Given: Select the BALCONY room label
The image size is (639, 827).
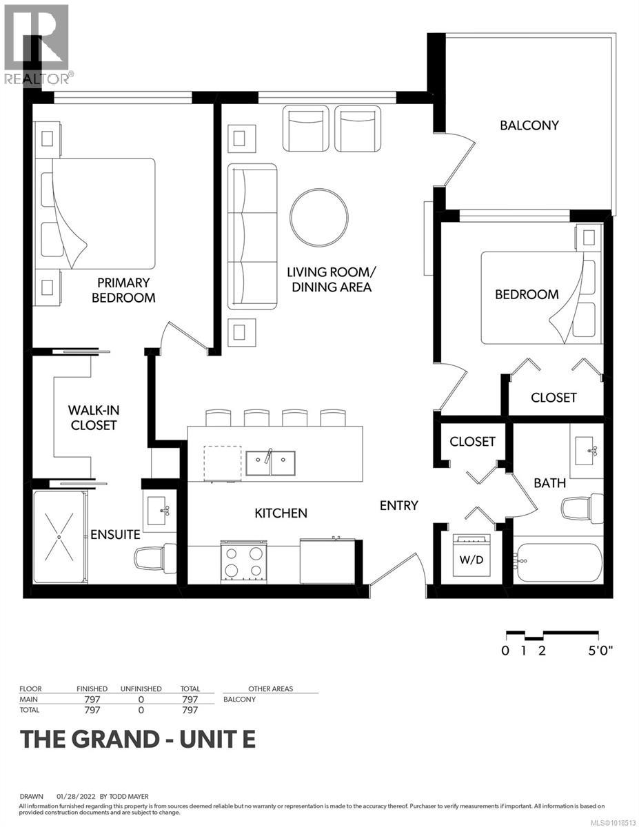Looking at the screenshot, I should tap(529, 125).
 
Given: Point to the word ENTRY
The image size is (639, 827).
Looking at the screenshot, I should tap(399, 505).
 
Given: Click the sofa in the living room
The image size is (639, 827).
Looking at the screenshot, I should tap(252, 236).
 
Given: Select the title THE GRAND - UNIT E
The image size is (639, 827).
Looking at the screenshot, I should tap(138, 739).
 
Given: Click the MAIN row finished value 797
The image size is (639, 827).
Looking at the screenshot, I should tap(92, 699).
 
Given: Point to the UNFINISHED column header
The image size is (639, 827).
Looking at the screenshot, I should tap(141, 688).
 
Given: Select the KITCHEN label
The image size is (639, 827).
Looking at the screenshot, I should tap(281, 513).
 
